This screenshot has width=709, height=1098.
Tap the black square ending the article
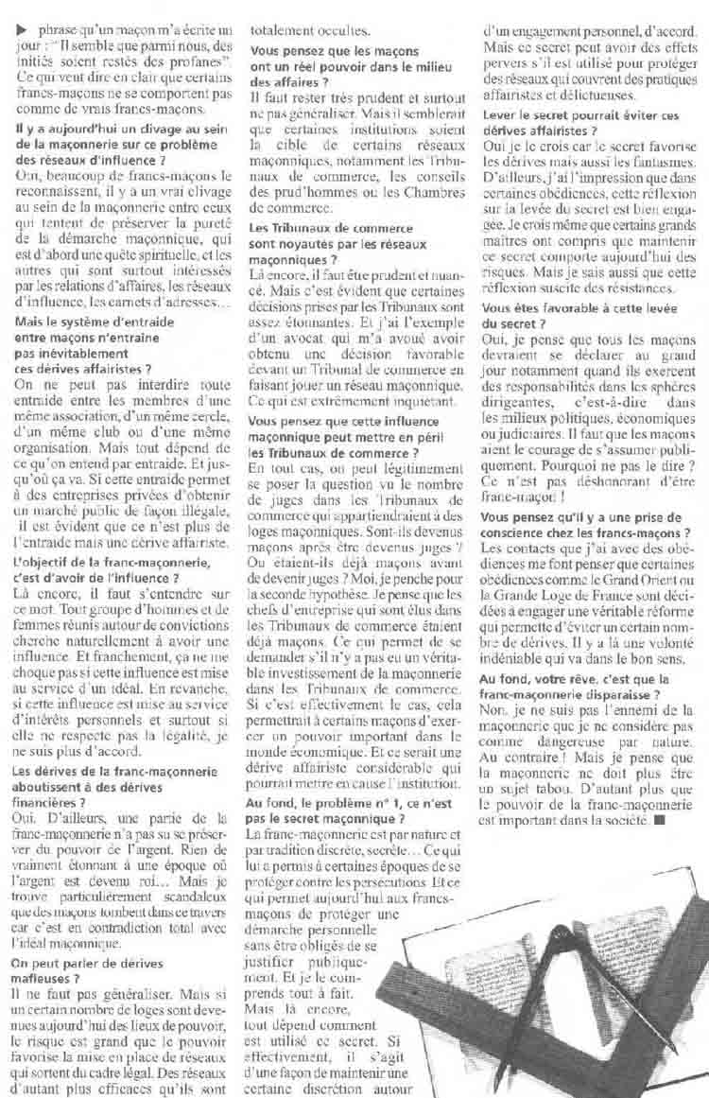pos(658,819)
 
